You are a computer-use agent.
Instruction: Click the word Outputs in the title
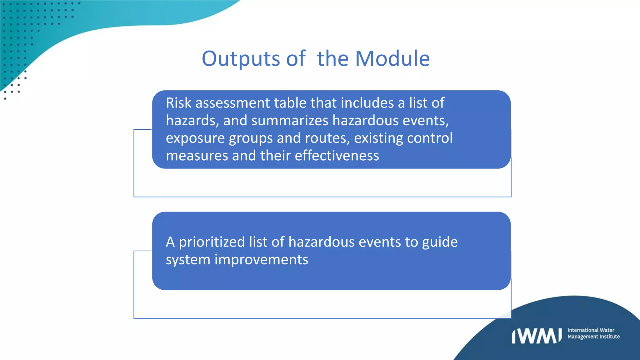tap(241, 59)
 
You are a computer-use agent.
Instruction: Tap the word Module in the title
tap(392, 59)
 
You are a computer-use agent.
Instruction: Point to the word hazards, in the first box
tap(192, 121)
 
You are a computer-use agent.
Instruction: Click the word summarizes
tap(290, 121)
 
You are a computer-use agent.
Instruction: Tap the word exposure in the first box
tap(195, 138)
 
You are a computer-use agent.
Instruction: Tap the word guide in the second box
tap(440, 242)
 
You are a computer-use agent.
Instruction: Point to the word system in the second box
tap(188, 260)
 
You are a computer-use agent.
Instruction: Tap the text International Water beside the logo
tap(591, 330)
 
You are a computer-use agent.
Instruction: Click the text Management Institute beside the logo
tap(593, 337)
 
